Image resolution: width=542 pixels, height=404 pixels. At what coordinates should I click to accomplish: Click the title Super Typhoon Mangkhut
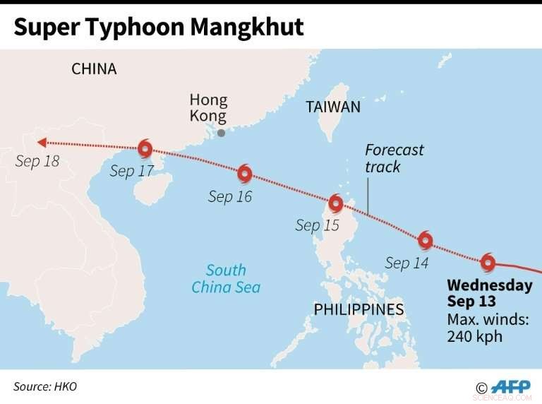click(x=158, y=27)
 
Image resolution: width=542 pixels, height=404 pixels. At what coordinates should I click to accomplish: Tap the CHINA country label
click(x=94, y=69)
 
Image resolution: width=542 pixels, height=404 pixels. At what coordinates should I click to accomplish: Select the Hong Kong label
click(x=208, y=108)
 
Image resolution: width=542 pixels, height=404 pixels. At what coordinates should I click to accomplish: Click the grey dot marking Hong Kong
click(x=222, y=133)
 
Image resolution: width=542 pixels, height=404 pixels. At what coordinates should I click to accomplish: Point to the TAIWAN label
click(x=333, y=107)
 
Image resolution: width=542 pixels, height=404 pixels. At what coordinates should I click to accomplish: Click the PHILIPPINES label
click(x=359, y=309)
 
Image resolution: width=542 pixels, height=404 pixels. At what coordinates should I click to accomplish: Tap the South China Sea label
click(x=226, y=278)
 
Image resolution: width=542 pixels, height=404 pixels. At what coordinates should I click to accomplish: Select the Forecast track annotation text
click(x=394, y=158)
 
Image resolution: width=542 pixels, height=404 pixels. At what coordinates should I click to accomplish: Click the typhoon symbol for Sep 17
click(x=145, y=148)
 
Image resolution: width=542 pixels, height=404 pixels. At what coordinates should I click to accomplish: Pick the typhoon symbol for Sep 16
click(x=245, y=173)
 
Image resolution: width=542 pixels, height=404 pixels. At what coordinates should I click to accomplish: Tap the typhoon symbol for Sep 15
click(x=336, y=203)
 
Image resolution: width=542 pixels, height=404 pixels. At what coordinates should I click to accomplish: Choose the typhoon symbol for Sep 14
click(x=425, y=240)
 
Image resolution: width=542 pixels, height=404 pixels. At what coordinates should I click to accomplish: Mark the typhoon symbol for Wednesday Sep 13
click(x=488, y=263)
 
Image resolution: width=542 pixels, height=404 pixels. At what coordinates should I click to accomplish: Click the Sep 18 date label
click(x=37, y=161)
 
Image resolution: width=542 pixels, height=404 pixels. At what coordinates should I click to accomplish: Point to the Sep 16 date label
click(x=230, y=196)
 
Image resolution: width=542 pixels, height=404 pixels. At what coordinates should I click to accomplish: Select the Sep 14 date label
click(x=407, y=263)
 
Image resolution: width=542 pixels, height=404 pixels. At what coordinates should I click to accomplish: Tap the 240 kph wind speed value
click(x=475, y=335)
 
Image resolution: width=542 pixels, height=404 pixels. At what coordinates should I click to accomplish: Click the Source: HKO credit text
click(x=45, y=386)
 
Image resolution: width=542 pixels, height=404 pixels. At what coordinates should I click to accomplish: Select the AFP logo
click(x=510, y=387)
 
